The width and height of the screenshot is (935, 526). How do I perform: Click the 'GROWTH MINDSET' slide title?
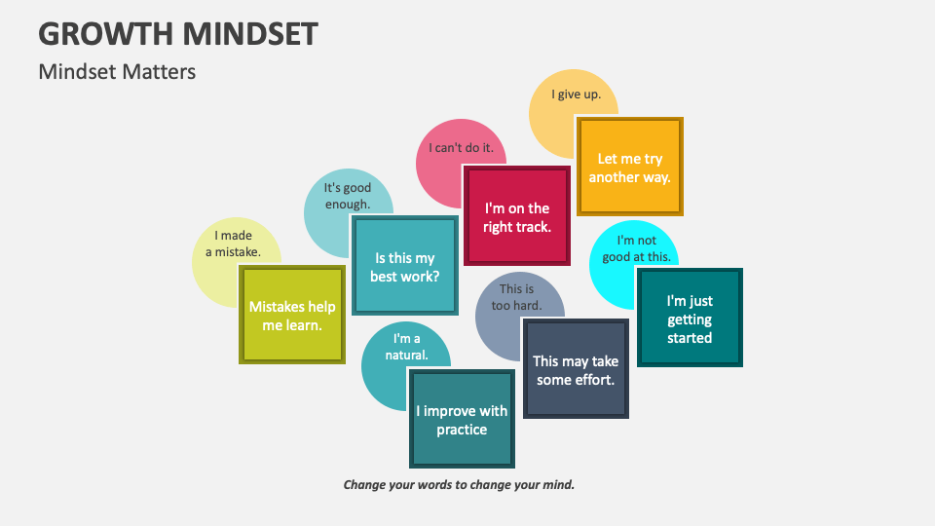(178, 33)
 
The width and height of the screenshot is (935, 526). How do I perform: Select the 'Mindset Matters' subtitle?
(117, 71)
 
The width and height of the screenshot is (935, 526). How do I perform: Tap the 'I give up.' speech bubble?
(570, 95)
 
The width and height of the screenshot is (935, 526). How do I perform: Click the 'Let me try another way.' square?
(629, 168)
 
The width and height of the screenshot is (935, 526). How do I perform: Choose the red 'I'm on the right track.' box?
(516, 217)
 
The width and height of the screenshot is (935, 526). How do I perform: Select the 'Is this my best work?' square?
(404, 267)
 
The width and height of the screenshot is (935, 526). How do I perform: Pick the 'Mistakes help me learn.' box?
(292, 316)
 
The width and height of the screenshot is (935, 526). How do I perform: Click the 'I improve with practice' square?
(462, 420)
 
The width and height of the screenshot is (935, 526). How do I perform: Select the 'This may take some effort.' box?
(576, 370)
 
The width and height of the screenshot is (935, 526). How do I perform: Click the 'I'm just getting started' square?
(690, 319)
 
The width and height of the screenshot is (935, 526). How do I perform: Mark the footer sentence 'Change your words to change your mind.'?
(459, 484)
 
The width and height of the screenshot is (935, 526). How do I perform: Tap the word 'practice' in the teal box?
(462, 430)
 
